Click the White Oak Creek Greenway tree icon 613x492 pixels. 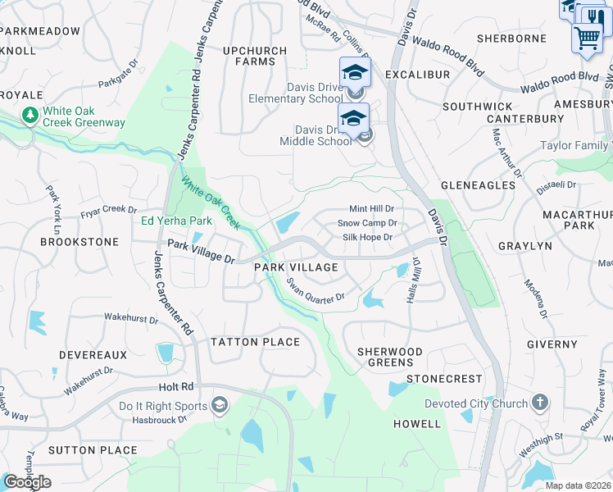pyautogui.click(x=30, y=114)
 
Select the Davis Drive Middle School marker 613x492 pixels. pyautogui.click(x=353, y=118)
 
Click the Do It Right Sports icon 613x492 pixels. pyautogui.click(x=220, y=405)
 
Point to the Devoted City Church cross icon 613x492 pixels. pyautogui.click(x=539, y=403)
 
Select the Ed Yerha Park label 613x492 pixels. pyautogui.click(x=177, y=221)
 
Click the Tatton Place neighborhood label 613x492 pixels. pyautogui.click(x=255, y=342)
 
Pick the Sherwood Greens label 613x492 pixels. pyautogui.click(x=390, y=358)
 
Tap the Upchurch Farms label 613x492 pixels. pyautogui.click(x=255, y=56)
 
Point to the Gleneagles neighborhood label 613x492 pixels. pyautogui.click(x=479, y=185)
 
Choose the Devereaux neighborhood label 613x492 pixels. pyautogui.click(x=93, y=355)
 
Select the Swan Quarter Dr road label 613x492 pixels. pyautogui.click(x=316, y=294)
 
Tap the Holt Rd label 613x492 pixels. pyautogui.click(x=176, y=386)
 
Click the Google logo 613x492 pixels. pyautogui.click(x=26, y=482)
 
